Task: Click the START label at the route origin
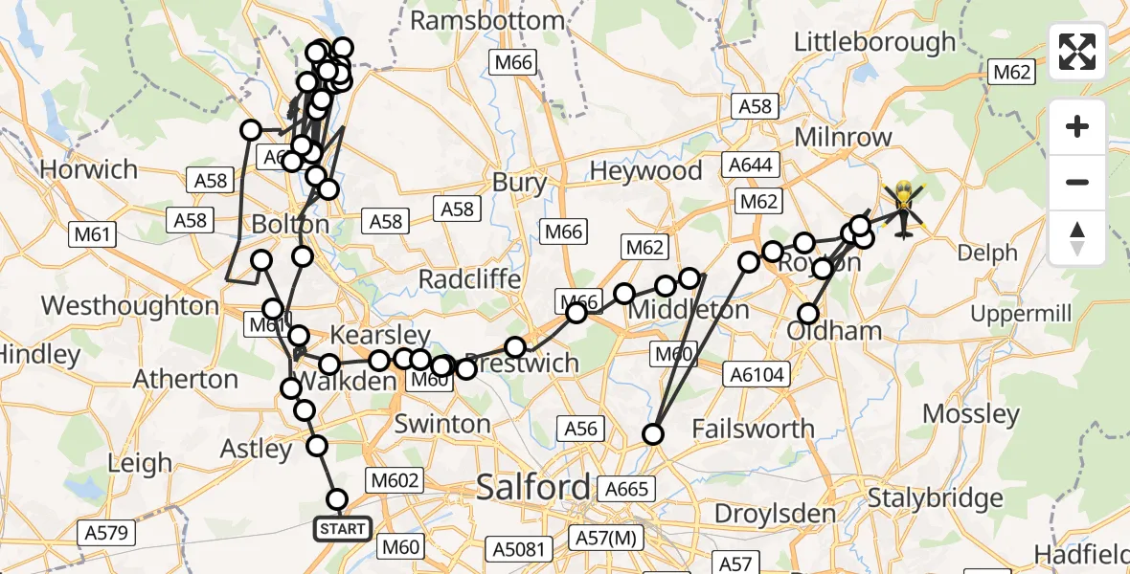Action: coord(343,528)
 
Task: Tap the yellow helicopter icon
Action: coord(903,208)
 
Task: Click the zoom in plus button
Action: coord(1077,127)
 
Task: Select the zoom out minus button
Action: coord(1077,182)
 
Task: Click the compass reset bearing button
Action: coord(1077,237)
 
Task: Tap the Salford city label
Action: coord(533,487)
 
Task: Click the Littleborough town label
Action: coord(875,42)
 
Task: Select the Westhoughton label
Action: coord(131,306)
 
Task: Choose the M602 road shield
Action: coord(391,479)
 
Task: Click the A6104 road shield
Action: coord(757,376)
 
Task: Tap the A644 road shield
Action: coord(750,166)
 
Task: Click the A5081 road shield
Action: coord(519,548)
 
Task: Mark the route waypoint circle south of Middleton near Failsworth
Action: coord(653,434)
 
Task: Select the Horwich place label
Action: coord(89,169)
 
